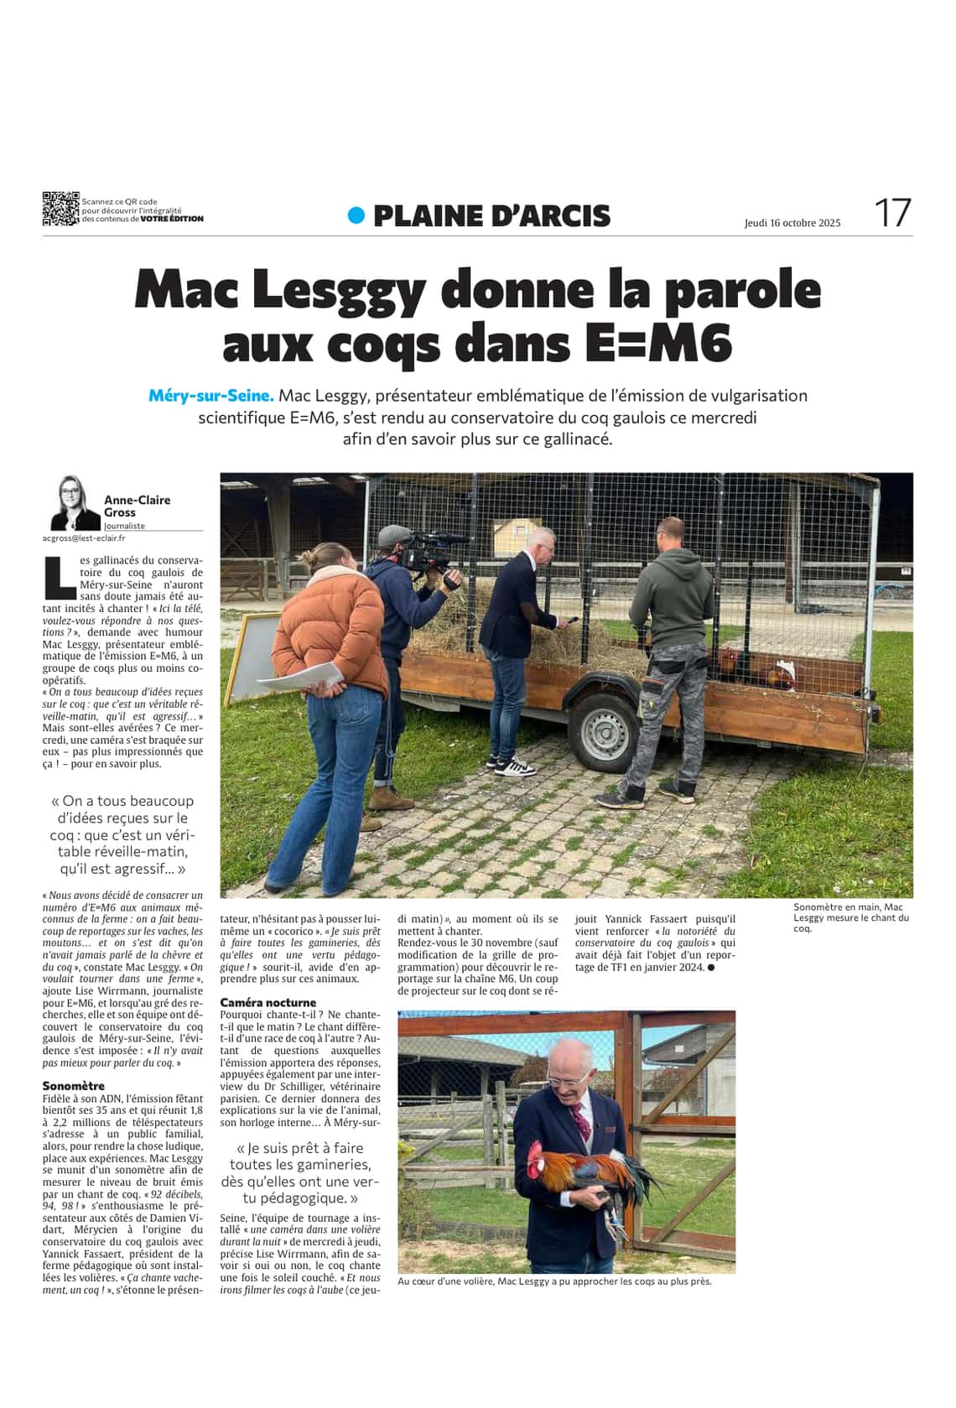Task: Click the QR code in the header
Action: tap(60, 209)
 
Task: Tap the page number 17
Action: tap(892, 213)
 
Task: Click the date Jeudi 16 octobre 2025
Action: tap(792, 223)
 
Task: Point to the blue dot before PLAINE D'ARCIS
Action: tap(356, 216)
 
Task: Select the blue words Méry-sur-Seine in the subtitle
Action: tap(211, 395)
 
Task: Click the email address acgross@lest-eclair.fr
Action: tap(84, 538)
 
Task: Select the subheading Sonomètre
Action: tap(74, 1086)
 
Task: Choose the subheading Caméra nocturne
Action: tap(268, 1002)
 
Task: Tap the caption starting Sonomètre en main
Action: tap(850, 917)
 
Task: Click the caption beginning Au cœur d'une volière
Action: tap(554, 1281)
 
